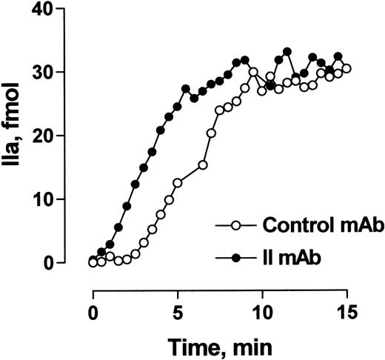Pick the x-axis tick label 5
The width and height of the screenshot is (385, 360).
pyautogui.click(x=177, y=314)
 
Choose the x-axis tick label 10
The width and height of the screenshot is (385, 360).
pyautogui.click(x=261, y=314)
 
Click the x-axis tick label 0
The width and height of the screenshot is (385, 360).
pyautogui.click(x=93, y=314)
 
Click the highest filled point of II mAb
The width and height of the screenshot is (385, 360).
pyautogui.click(x=287, y=52)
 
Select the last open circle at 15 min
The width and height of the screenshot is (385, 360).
pyautogui.click(x=346, y=68)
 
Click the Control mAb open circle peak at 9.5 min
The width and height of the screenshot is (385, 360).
pyautogui.click(x=253, y=73)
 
